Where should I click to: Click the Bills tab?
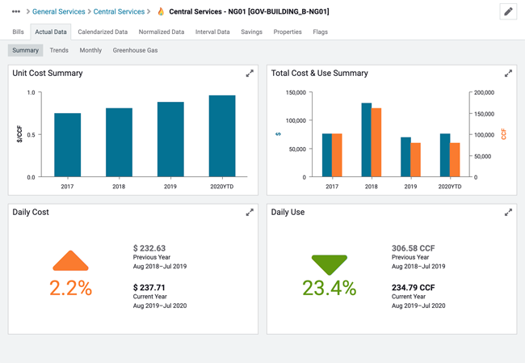18,32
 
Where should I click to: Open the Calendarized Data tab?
103,32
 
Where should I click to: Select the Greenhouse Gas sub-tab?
135,50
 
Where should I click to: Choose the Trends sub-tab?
59,50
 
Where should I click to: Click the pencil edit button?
508,12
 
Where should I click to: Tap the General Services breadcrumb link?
58,12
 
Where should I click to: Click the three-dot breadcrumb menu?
16,12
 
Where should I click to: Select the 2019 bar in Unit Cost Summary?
170,139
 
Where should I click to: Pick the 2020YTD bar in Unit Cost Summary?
222,136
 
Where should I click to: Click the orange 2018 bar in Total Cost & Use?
376,142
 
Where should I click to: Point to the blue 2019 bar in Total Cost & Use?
405,157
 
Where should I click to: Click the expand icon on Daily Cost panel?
250,213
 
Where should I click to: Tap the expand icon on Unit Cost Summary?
250,74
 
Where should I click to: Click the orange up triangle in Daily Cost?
71,261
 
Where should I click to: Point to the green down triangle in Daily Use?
330,264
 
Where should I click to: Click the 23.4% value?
329,288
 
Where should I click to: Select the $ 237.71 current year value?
149,287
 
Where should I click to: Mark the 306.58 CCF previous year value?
413,248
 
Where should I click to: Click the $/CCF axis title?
19,134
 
